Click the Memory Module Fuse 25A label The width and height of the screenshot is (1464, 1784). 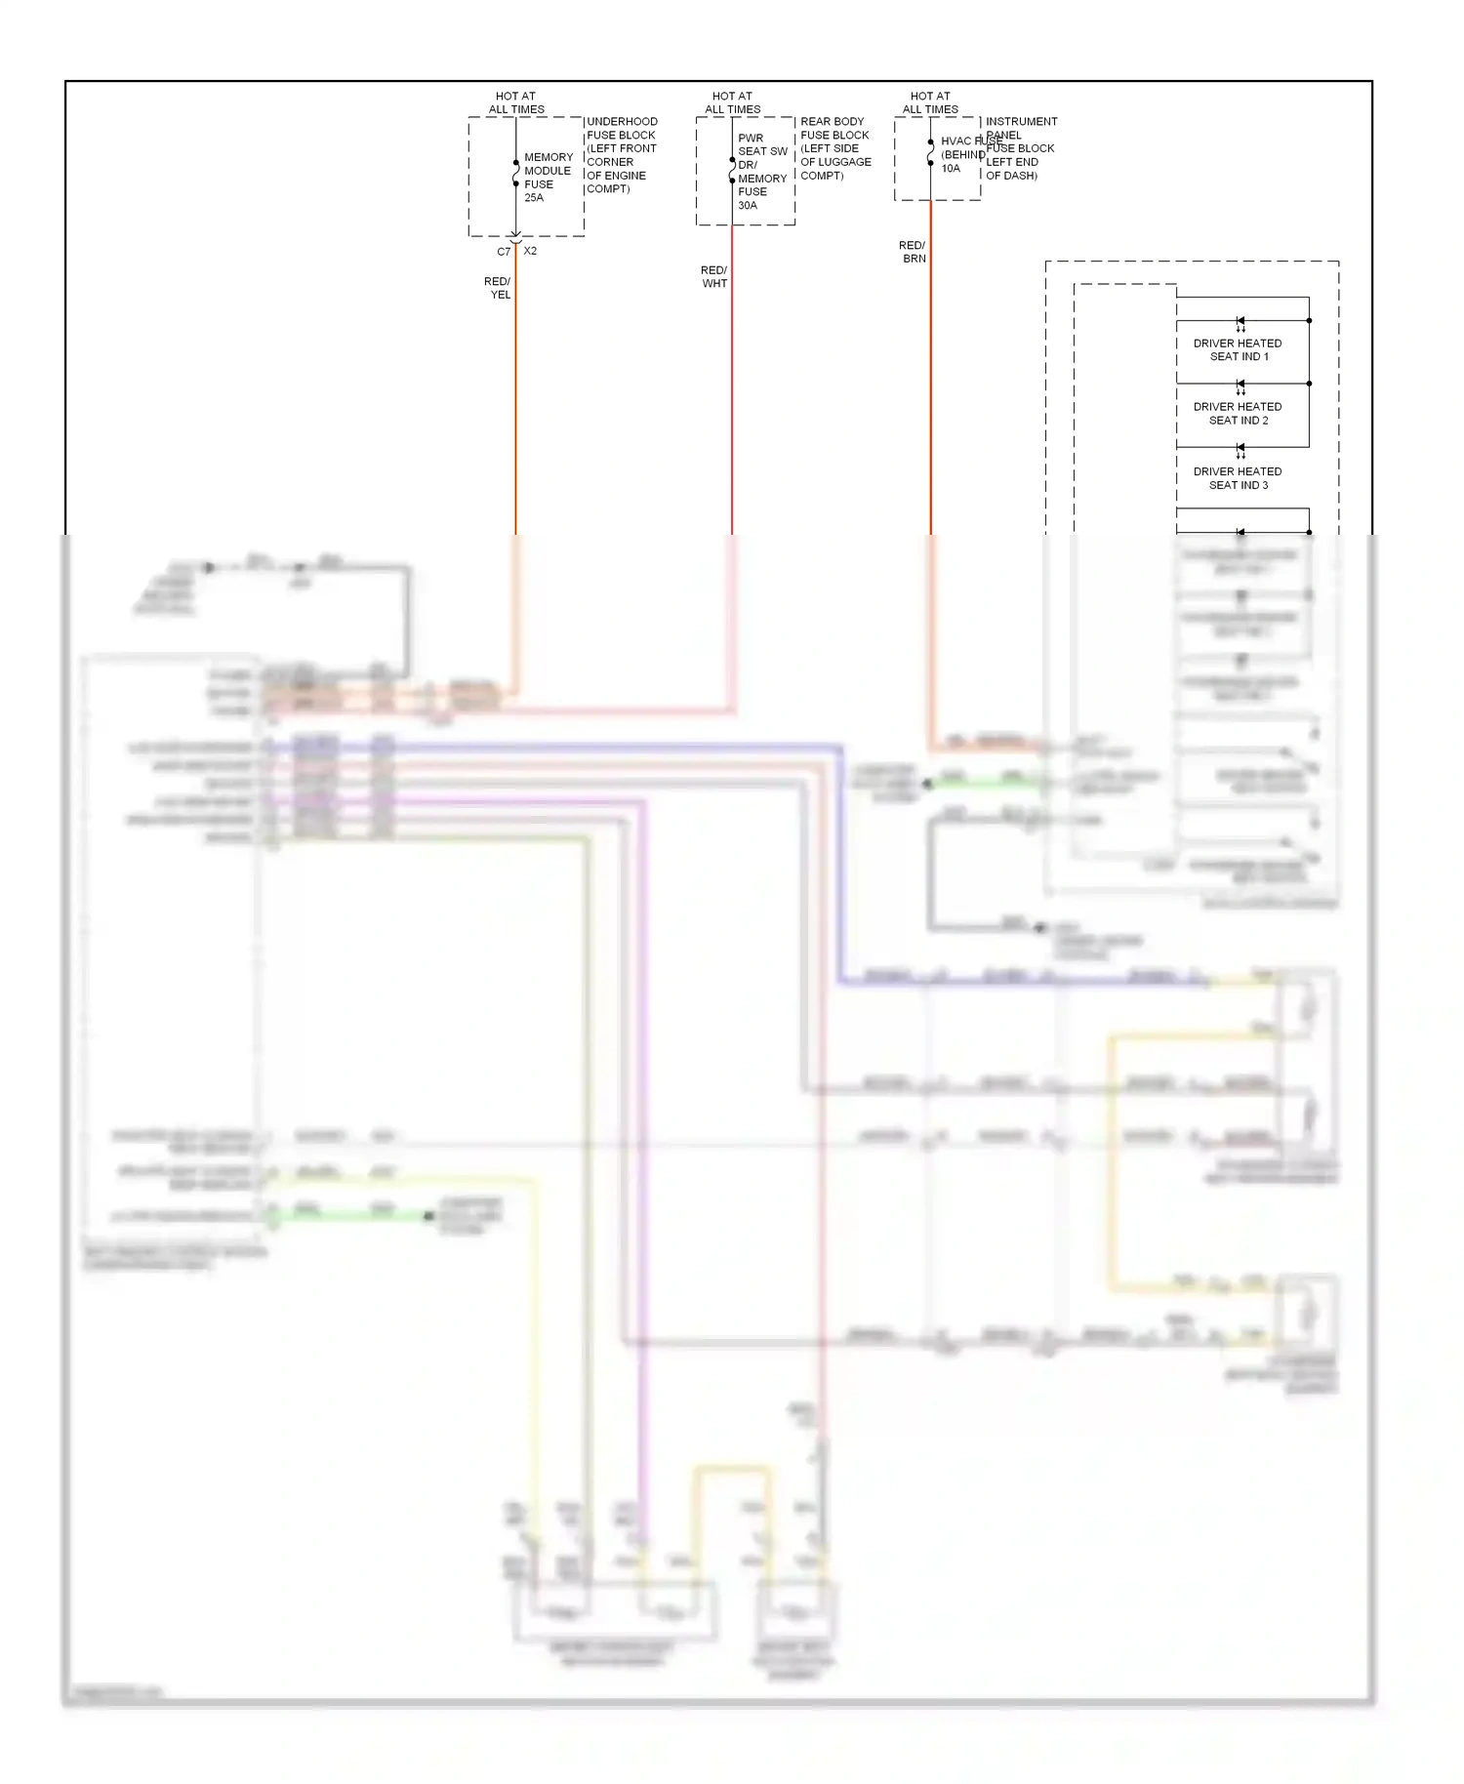click(x=548, y=177)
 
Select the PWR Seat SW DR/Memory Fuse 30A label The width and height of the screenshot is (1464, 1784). click(x=761, y=172)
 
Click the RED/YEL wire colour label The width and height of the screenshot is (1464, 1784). click(x=498, y=288)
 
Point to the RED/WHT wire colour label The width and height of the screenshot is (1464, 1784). click(x=713, y=277)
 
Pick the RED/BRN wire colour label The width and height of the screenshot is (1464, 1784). click(x=913, y=252)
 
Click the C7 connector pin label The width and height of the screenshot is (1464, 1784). click(x=504, y=252)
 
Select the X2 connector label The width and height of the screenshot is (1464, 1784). click(x=530, y=251)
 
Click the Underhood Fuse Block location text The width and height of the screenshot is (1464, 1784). click(x=622, y=155)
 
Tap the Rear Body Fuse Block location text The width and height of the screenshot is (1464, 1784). click(x=835, y=148)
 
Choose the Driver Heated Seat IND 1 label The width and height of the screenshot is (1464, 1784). click(x=1238, y=350)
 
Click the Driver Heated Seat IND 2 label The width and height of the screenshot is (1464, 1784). click(x=1238, y=414)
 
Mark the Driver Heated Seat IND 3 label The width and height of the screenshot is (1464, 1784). click(x=1238, y=478)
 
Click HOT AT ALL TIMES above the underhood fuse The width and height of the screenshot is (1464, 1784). click(x=516, y=102)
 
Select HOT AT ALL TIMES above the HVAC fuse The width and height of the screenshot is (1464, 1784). click(x=930, y=102)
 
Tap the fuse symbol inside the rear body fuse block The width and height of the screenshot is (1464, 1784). click(x=732, y=170)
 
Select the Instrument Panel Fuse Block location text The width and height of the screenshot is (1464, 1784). click(x=1020, y=148)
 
